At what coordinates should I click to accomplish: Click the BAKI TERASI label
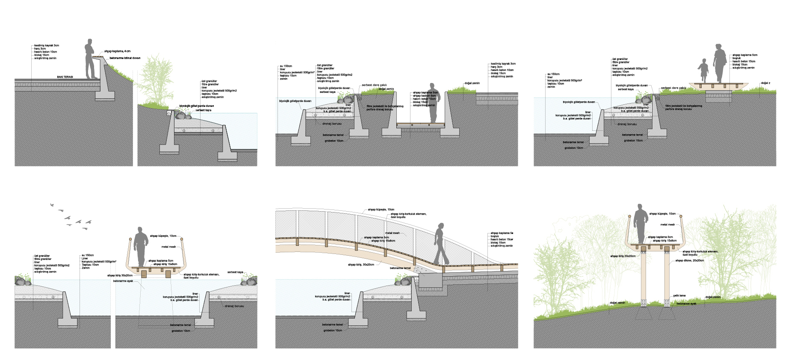(65, 77)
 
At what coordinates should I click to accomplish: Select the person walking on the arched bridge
(440, 244)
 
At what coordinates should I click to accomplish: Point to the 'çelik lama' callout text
(679, 295)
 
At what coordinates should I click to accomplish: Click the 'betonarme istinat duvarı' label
(125, 58)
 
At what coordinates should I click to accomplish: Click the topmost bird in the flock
(53, 205)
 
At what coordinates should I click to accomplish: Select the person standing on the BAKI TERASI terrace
(90, 59)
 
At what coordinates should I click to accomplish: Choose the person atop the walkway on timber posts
(640, 224)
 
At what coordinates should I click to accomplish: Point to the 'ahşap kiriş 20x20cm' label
(623, 256)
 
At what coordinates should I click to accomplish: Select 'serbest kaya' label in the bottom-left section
(235, 272)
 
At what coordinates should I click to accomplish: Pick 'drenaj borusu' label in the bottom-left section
(234, 306)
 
